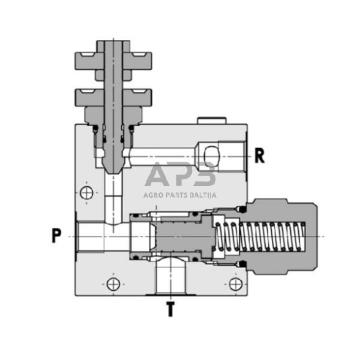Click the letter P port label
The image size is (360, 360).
(56, 236)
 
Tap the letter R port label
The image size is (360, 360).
(260, 156)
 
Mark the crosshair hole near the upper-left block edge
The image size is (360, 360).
(88, 193)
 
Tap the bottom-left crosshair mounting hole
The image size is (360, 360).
(111, 283)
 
